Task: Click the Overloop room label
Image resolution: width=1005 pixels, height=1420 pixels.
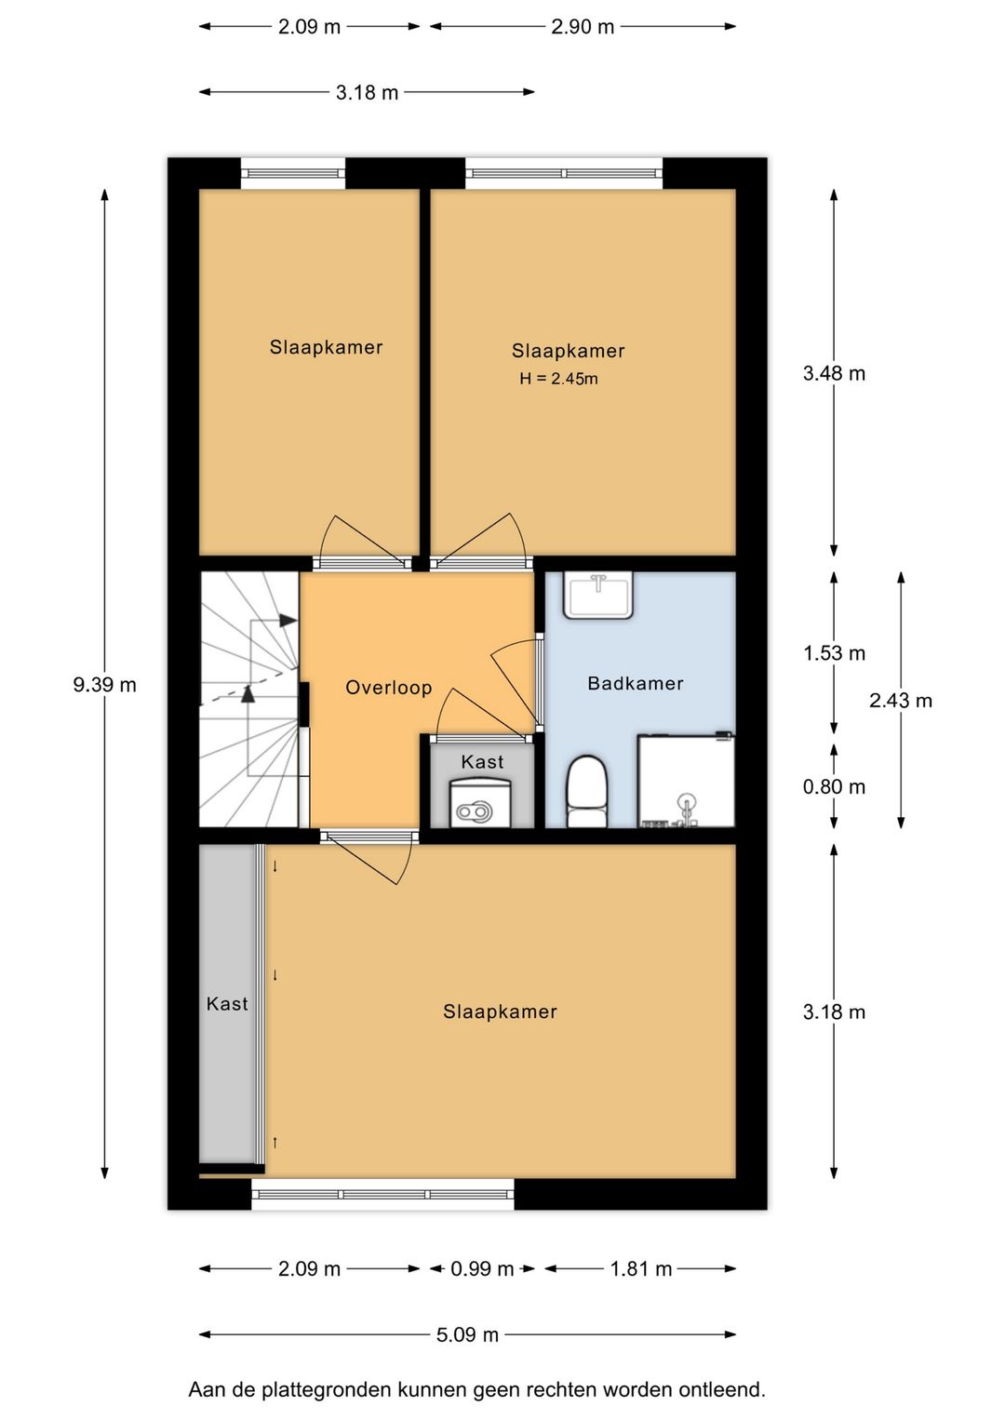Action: coord(388,688)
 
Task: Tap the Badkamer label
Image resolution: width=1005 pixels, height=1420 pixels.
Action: coord(635,683)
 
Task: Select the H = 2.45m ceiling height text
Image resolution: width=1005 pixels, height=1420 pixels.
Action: coord(558,379)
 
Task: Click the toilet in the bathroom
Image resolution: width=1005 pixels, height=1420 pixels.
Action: coord(586,791)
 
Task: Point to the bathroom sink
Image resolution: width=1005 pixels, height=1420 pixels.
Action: coord(597,594)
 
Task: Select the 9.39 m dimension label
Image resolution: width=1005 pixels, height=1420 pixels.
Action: coord(104,685)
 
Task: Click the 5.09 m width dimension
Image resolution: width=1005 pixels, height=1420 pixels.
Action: coord(467,1334)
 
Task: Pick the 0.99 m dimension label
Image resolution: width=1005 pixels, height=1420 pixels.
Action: coord(482,1268)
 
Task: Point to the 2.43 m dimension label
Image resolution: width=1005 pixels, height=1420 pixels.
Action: coord(900,701)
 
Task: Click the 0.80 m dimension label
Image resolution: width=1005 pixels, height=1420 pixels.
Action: coord(834,787)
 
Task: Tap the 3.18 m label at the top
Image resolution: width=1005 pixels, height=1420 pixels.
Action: coord(367,92)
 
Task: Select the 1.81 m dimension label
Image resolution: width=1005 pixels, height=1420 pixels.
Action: coord(640,1268)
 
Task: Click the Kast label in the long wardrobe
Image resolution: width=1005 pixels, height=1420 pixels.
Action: coord(227,1004)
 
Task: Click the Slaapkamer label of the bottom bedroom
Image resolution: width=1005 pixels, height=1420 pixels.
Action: coord(500,1011)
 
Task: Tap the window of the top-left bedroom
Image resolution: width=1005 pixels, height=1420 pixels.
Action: coord(293,173)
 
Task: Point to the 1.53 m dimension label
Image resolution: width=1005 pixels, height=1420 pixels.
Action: coord(834,653)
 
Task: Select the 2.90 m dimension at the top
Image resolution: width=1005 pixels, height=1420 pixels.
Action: coord(583,26)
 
